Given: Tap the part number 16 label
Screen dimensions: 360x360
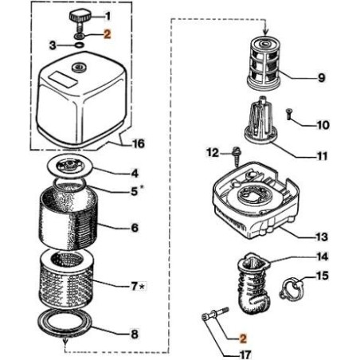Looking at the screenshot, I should pos(139,145).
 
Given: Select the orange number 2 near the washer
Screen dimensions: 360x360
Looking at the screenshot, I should pos(108,35).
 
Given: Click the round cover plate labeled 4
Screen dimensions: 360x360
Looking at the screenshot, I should pos(73,168).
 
